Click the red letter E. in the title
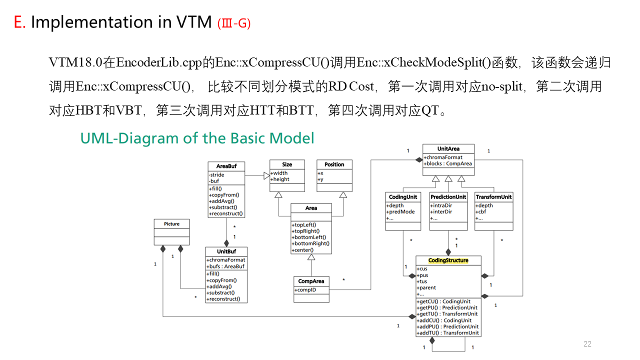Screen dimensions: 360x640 (x=19, y=22)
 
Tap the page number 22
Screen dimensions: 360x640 (x=587, y=344)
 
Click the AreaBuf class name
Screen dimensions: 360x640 (x=226, y=166)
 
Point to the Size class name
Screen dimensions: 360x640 (x=287, y=164)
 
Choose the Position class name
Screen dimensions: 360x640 (x=334, y=164)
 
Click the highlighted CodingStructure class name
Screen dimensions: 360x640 (x=448, y=260)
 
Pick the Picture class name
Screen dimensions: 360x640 (x=171, y=223)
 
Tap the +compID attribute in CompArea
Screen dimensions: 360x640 (x=305, y=290)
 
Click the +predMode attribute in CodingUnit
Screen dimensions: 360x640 (x=401, y=211)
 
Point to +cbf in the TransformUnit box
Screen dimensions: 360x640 (x=482, y=211)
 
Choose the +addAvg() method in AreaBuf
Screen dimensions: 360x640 (x=221, y=201)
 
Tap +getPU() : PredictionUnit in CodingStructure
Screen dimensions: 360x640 (x=447, y=307)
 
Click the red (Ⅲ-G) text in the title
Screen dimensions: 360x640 (x=234, y=23)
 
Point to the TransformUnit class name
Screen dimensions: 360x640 (x=493, y=197)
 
